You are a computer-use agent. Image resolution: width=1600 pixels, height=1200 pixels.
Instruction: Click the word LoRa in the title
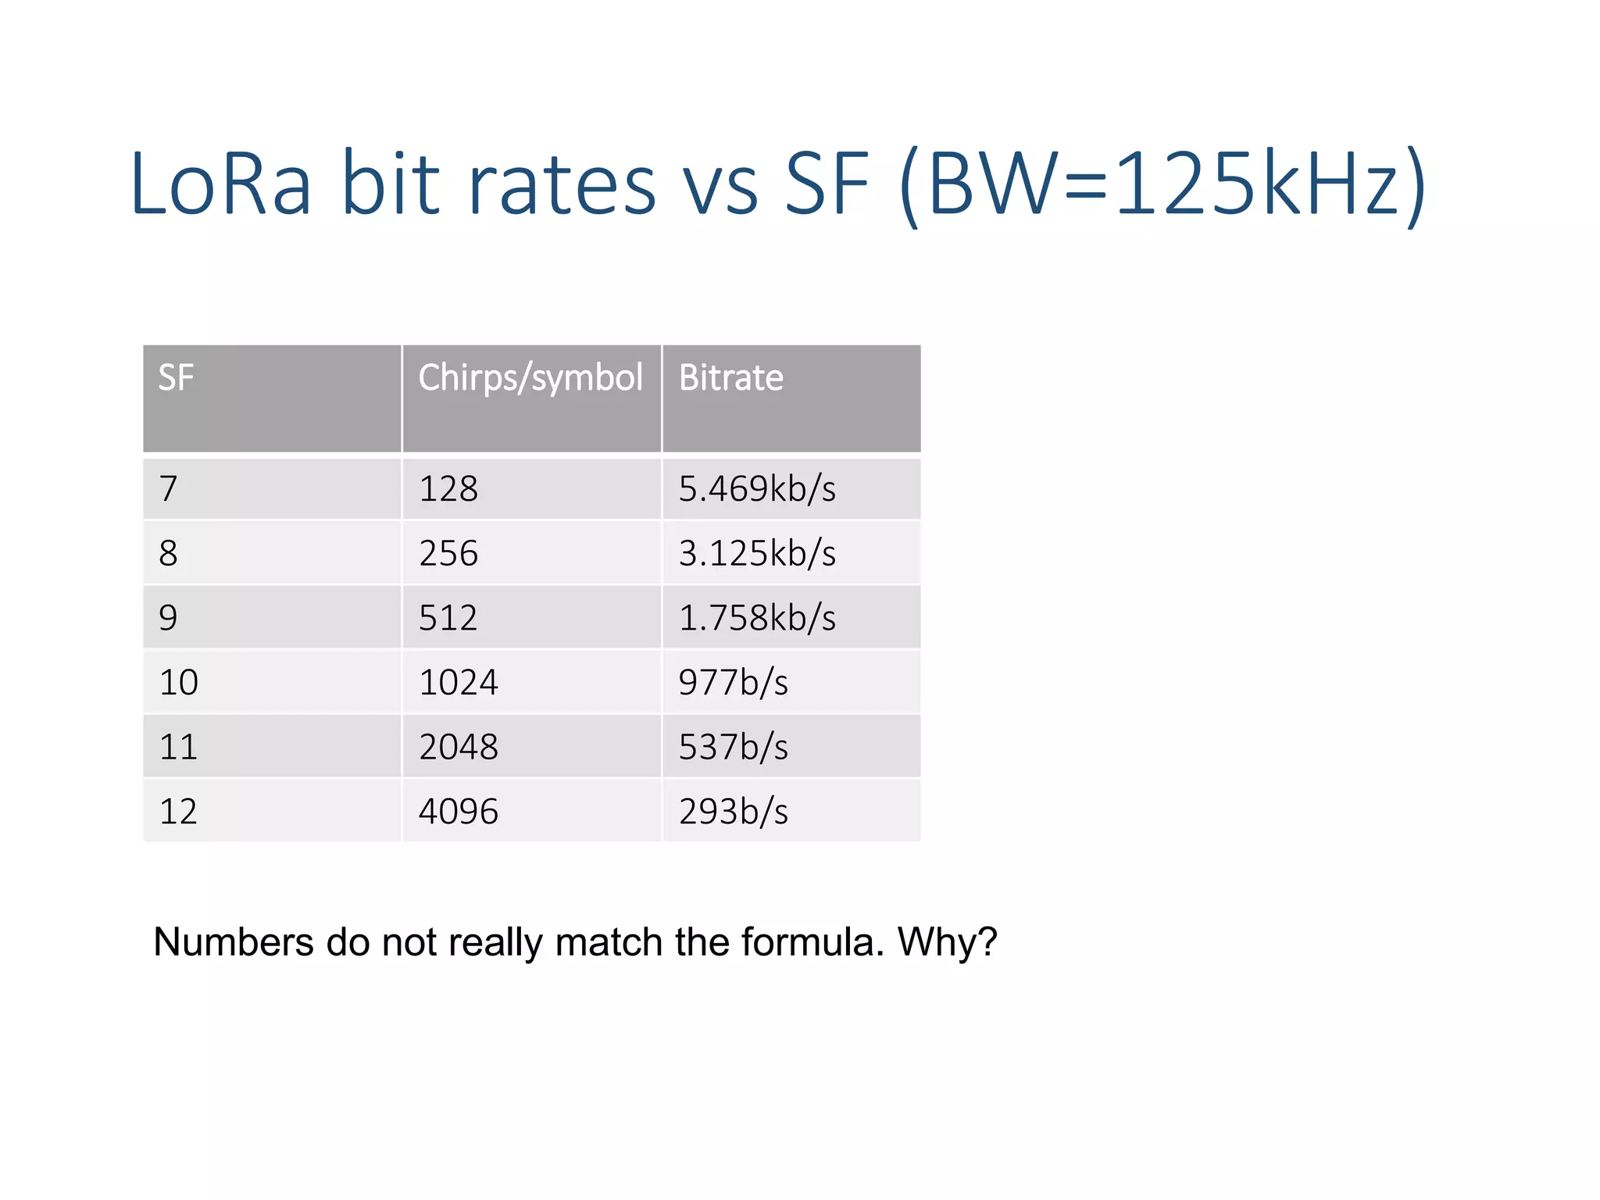(221, 185)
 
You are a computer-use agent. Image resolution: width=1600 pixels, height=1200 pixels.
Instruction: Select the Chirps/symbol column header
(530, 377)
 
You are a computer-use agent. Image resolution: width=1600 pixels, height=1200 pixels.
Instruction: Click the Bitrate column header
(730, 377)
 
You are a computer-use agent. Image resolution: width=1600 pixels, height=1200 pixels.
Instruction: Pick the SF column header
(176, 377)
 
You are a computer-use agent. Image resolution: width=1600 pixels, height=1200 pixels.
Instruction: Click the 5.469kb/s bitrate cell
(756, 489)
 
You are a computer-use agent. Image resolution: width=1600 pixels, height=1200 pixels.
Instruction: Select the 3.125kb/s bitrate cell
(756, 553)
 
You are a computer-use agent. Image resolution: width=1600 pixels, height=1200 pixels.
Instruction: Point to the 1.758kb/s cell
(756, 618)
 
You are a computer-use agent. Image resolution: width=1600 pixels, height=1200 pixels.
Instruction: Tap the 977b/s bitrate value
(733, 682)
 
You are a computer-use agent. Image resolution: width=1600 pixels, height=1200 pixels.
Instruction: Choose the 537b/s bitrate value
(733, 747)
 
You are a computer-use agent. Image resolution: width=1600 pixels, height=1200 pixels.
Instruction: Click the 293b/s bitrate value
(733, 812)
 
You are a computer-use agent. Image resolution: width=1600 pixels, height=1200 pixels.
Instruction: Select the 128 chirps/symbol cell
(448, 489)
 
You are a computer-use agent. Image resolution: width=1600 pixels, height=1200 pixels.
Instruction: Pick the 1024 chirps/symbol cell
(459, 682)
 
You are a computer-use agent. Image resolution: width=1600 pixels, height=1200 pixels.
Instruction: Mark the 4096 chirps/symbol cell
(459, 812)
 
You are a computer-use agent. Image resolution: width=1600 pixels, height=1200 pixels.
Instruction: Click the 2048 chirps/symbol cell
(459, 747)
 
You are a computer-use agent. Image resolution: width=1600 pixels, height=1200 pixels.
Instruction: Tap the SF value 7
(169, 489)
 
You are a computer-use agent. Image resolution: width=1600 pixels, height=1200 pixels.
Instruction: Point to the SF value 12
(178, 812)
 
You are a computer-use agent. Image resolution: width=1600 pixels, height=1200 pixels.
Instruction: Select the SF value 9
(169, 618)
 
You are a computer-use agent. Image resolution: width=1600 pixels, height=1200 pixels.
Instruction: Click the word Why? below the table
(947, 941)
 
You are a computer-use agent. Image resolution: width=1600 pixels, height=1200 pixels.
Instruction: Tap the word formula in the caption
(812, 941)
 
